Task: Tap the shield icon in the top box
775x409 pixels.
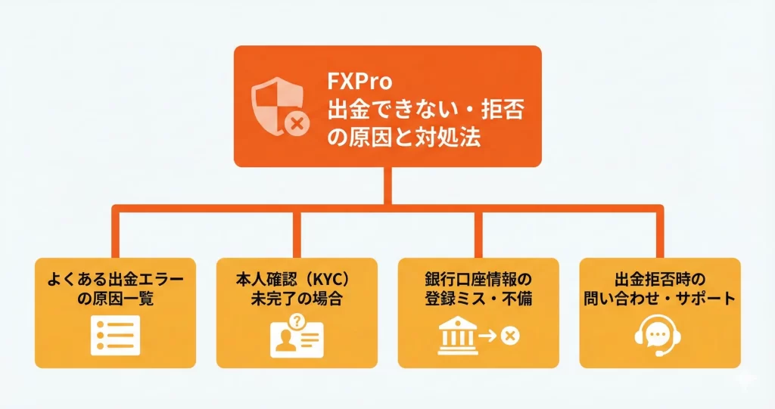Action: [275, 107]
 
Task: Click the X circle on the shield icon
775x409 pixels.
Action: [297, 122]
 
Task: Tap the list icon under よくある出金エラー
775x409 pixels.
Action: [115, 336]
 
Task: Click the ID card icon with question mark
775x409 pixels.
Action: [296, 337]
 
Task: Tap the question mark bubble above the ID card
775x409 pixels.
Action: [296, 321]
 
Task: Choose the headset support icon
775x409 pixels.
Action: [658, 336]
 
